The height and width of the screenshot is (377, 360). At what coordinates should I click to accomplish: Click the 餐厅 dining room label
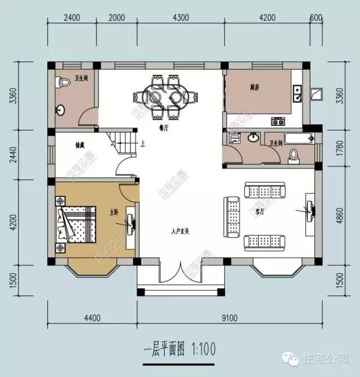click(164, 128)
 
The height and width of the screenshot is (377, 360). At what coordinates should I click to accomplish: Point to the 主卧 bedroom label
click(114, 212)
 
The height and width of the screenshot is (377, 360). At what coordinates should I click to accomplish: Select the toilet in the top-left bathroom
click(60, 83)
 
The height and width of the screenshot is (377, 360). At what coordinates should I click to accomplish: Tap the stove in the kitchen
click(278, 120)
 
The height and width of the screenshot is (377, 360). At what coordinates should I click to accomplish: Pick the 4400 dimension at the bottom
click(92, 318)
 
